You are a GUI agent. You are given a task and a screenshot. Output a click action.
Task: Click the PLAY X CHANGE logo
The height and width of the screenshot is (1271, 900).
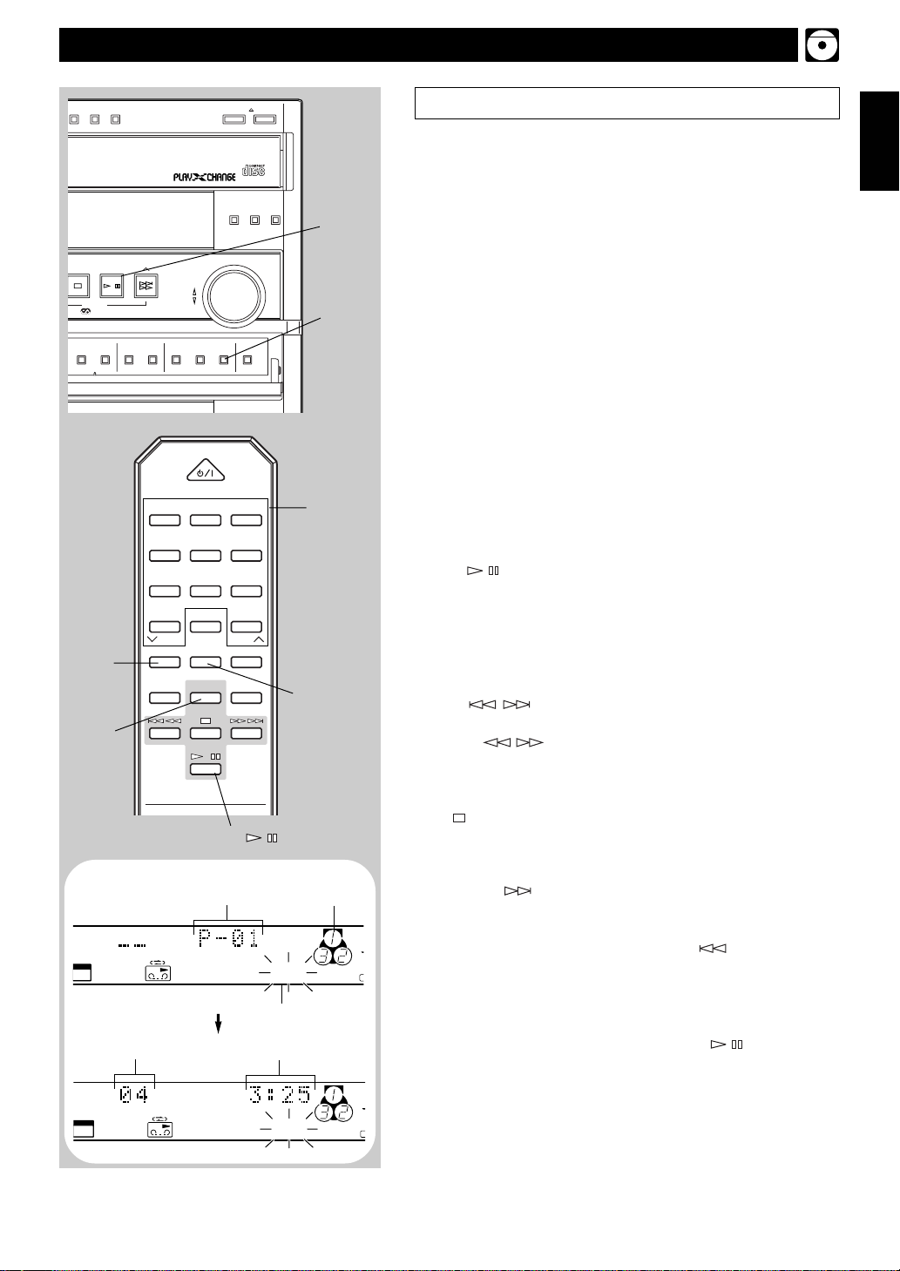[x=204, y=176]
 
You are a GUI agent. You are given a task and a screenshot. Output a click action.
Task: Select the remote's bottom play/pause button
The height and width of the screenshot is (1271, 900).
[x=206, y=768]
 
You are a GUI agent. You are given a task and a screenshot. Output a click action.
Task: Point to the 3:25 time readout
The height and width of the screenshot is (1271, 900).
[x=280, y=1094]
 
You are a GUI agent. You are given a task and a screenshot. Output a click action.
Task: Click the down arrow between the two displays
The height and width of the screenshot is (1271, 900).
[x=219, y=1025]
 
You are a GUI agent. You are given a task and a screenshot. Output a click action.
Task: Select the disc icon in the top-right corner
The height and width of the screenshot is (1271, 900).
[x=822, y=44]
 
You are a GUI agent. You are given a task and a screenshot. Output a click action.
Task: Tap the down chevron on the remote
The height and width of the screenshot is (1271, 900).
[x=152, y=639]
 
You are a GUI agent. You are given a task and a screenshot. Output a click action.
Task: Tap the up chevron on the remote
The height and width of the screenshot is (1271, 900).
[x=258, y=639]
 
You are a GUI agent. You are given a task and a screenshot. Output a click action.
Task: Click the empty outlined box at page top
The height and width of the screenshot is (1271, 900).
[x=626, y=102]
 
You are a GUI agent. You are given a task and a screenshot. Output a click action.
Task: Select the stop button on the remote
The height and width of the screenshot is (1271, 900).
[x=206, y=733]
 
